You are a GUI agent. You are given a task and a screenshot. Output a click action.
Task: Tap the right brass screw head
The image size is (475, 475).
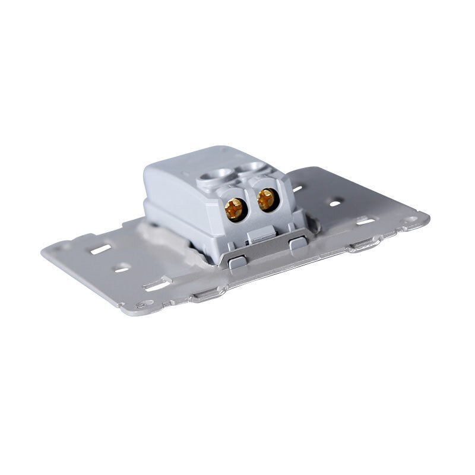267,199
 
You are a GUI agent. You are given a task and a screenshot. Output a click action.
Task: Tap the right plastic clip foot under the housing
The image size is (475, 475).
299,245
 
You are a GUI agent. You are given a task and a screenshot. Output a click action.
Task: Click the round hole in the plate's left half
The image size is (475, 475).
121,268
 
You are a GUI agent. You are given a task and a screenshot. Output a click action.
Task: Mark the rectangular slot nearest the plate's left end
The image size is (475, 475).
99,249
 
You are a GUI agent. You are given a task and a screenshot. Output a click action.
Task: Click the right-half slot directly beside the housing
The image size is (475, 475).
299,189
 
